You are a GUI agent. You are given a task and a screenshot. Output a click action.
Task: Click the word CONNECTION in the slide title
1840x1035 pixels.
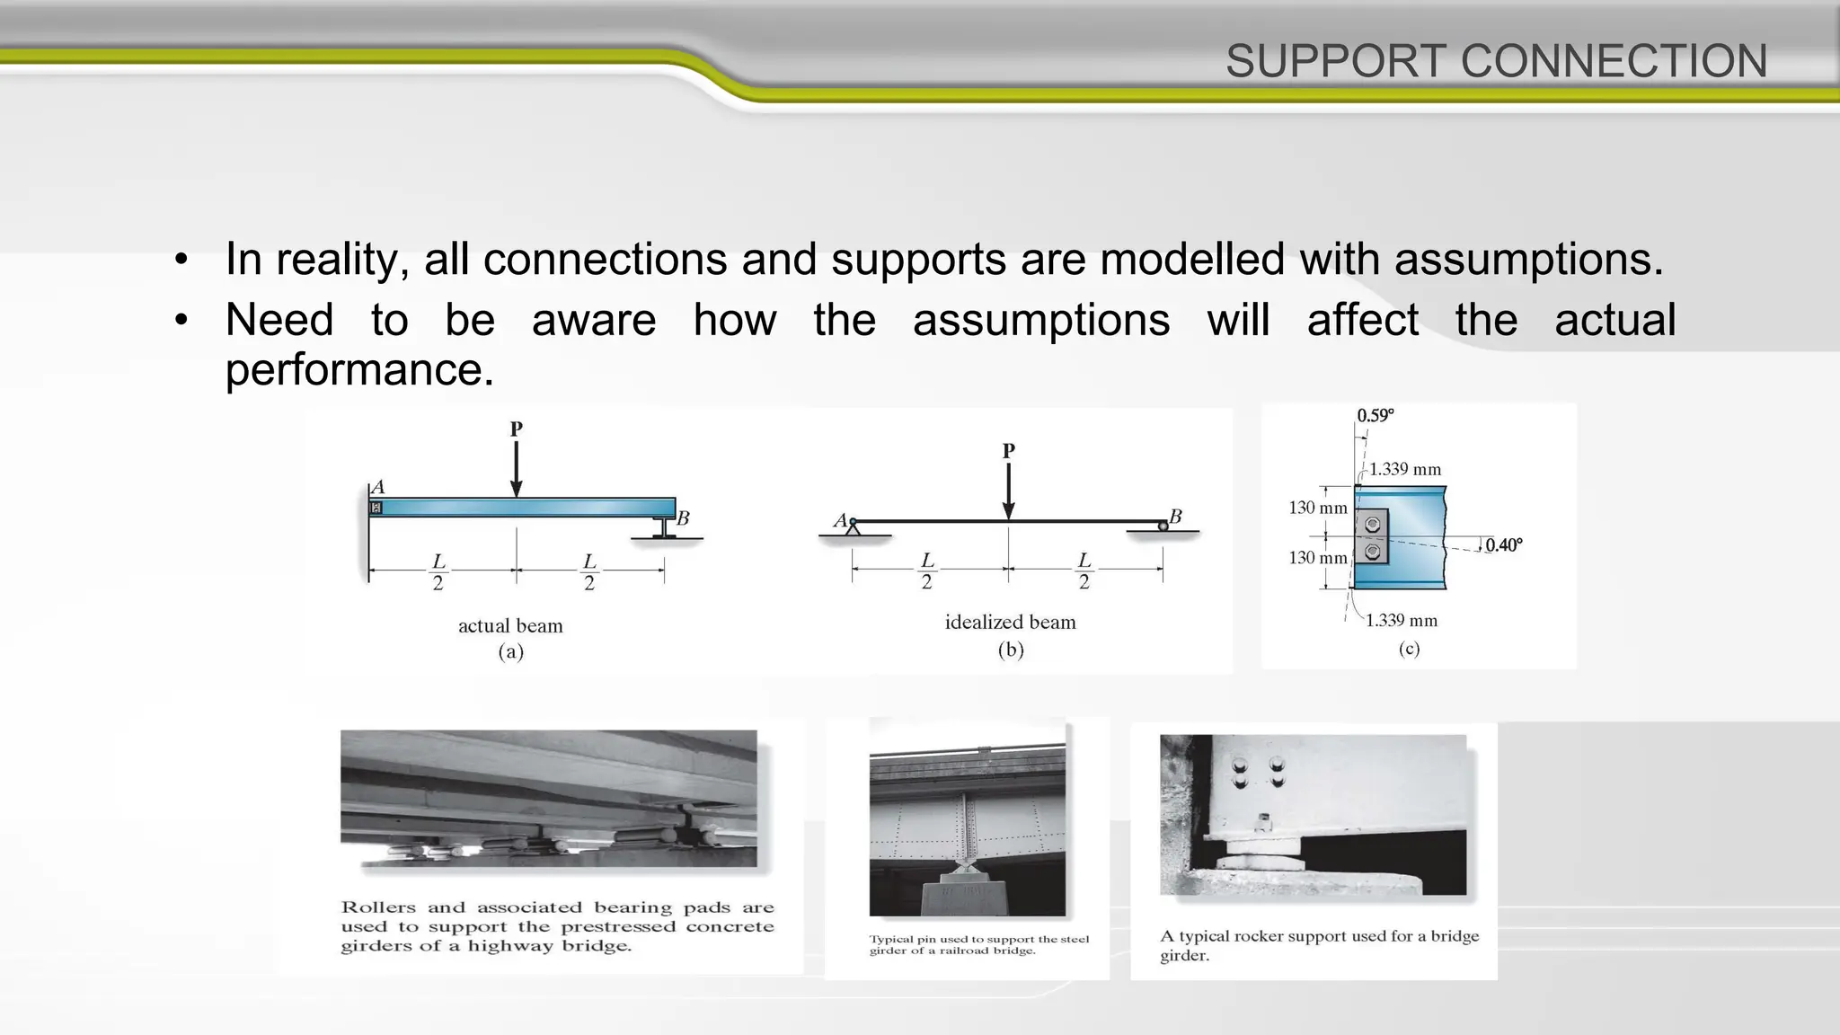[1614, 61]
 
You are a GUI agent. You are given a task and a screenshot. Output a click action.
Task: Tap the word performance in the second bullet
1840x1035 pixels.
[358, 369]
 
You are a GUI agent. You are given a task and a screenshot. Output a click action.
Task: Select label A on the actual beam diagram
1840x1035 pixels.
[378, 487]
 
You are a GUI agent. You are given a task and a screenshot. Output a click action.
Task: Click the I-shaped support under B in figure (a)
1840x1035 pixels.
[664, 527]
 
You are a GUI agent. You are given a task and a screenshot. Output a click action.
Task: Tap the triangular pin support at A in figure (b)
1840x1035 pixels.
[853, 528]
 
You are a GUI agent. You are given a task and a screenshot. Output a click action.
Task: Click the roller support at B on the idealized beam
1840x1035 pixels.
[1163, 526]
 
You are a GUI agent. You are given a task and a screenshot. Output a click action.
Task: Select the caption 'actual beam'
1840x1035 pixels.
[510, 626]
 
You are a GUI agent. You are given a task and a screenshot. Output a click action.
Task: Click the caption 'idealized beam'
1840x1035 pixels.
[1010, 622]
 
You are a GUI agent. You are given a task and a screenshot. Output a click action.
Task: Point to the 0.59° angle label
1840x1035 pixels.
[1375, 415]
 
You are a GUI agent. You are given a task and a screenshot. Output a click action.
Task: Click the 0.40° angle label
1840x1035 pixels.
[1503, 544]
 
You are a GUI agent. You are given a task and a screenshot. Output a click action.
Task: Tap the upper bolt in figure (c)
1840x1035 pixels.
[1372, 524]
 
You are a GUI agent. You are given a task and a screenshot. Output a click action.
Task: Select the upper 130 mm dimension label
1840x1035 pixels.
[1317, 508]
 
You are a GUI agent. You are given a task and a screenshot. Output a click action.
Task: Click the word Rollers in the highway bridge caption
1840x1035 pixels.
[378, 907]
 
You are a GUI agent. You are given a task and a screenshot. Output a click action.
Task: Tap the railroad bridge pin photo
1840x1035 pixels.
[967, 818]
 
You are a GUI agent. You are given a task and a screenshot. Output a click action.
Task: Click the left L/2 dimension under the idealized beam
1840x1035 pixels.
[926, 571]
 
